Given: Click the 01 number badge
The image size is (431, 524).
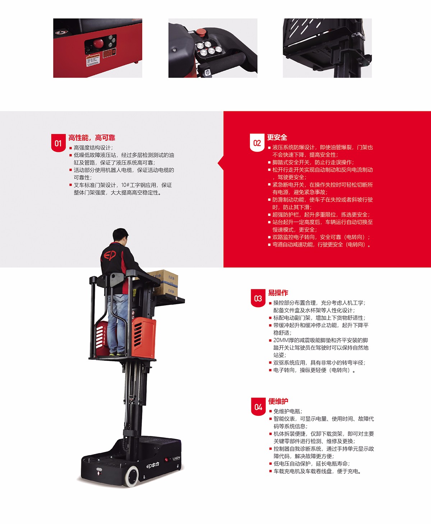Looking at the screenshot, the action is pyautogui.click(x=59, y=143).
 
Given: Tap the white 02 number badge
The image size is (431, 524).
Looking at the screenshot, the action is pyautogui.click(x=257, y=143).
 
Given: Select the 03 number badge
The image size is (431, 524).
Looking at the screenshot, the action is pyautogui.click(x=258, y=298).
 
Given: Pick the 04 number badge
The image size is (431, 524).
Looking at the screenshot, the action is pyautogui.click(x=258, y=407).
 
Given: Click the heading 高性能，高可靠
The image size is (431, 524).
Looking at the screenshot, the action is pyautogui.click(x=92, y=138).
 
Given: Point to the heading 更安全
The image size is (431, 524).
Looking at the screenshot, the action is pyautogui.click(x=277, y=137).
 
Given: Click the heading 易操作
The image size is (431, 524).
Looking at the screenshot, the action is pyautogui.click(x=278, y=293).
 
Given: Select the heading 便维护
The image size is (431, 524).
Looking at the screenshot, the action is pyautogui.click(x=278, y=401).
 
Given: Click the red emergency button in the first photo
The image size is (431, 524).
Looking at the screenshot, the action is pyautogui.click(x=98, y=43).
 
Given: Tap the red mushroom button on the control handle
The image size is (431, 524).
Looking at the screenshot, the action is pyautogui.click(x=201, y=32).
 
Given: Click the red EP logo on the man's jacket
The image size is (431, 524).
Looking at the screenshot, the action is pyautogui.click(x=110, y=255).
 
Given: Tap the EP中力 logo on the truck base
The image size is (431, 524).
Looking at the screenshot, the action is pyautogui.click(x=153, y=465).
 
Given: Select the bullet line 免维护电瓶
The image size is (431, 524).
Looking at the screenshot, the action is pyautogui.click(x=288, y=411).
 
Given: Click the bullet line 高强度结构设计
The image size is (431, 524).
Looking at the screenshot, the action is pyautogui.click(x=91, y=148).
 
